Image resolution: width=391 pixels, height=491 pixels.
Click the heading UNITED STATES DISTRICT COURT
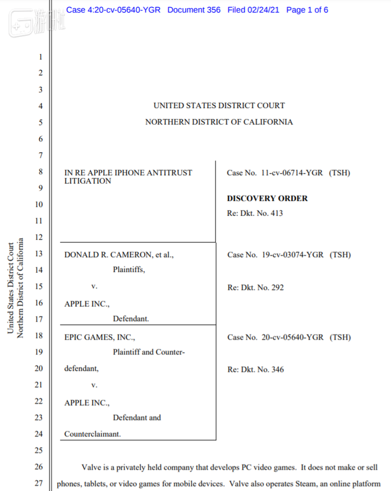click(219, 106)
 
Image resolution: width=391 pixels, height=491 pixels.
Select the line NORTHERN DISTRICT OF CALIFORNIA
click(219, 122)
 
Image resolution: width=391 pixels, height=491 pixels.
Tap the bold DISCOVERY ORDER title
click(267, 199)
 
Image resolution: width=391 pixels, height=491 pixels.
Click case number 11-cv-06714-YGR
click(292, 173)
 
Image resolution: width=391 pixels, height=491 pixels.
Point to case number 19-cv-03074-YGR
click(292, 255)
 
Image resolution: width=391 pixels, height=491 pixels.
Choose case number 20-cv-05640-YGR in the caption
click(292, 337)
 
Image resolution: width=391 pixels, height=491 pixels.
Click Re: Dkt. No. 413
click(255, 213)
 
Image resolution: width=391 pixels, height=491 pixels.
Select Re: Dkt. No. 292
click(255, 287)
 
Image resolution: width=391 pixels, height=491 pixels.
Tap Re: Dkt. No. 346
click(255, 370)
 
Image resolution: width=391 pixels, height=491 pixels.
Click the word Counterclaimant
click(92, 434)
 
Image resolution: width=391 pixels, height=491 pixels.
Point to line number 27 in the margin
click(39, 483)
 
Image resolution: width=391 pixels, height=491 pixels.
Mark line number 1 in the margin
click(40, 57)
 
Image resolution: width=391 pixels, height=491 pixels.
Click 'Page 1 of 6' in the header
click(307, 10)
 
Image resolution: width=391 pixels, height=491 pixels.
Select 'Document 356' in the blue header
click(194, 10)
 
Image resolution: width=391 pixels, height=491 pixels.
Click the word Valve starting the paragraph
click(92, 467)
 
